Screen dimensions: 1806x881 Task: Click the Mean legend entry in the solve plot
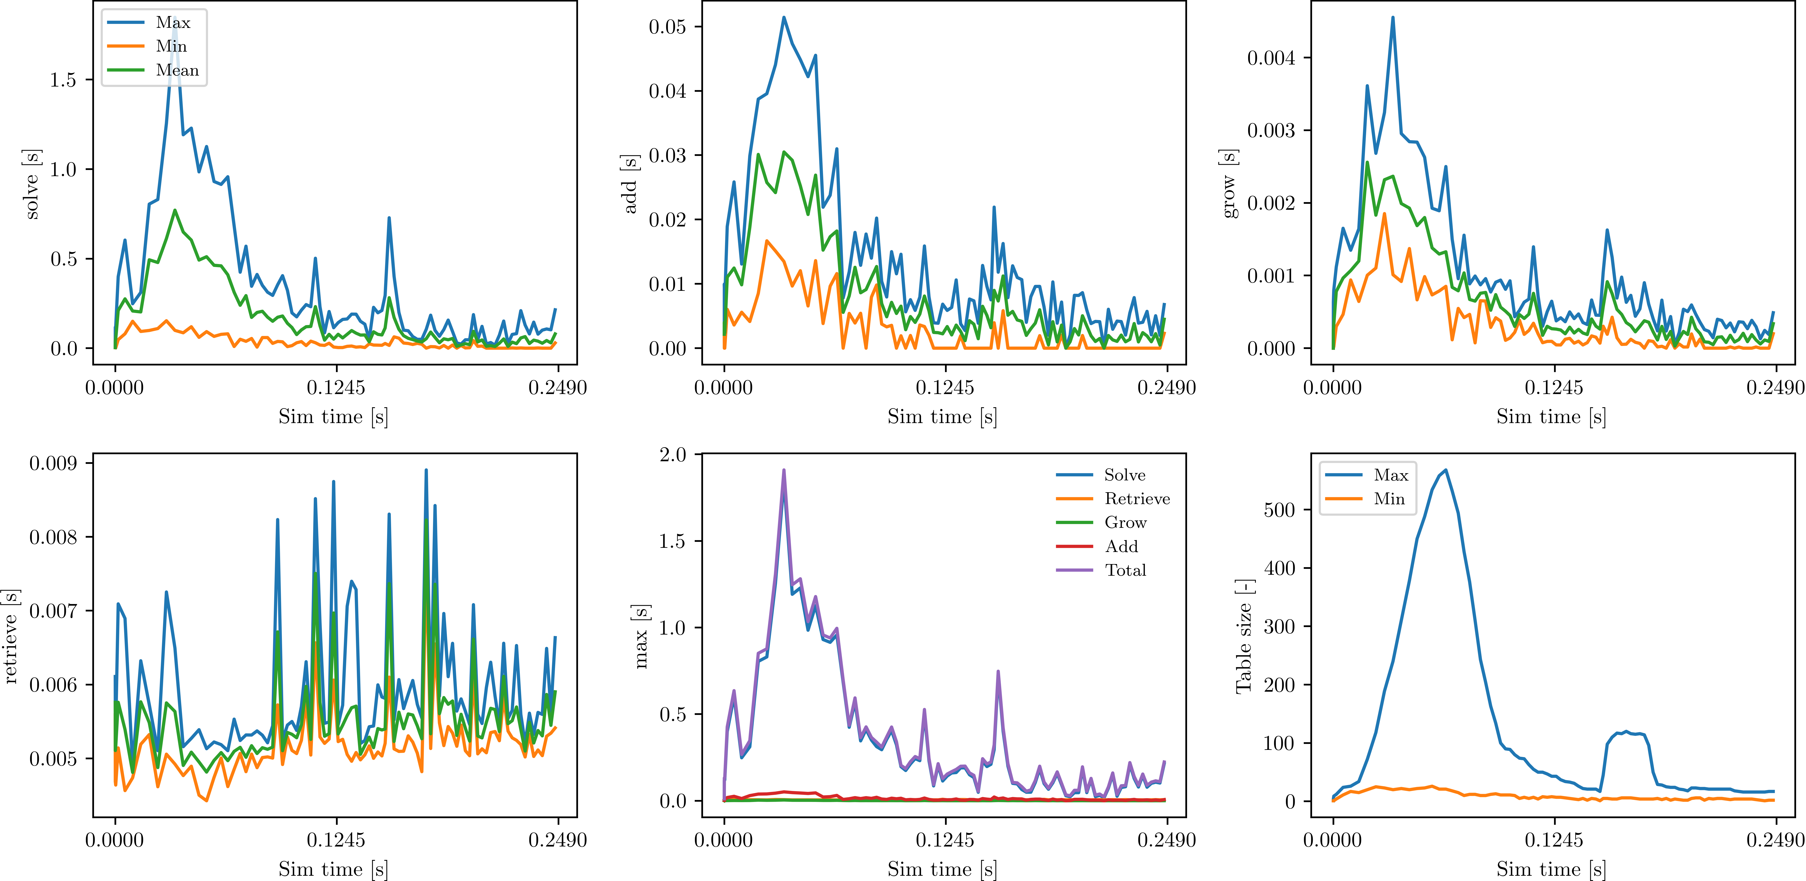click(x=153, y=70)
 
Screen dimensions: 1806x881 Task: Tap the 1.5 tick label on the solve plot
click(x=63, y=80)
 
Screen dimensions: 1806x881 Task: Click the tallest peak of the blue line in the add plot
click(x=784, y=18)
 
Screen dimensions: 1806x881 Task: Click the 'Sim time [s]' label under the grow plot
click(x=1551, y=417)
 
